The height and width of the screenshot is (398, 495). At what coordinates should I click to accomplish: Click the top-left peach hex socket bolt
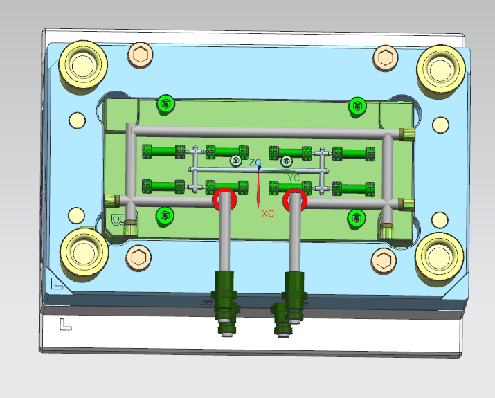pos(141,55)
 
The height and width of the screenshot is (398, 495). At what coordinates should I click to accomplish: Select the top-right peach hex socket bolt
pos(386,57)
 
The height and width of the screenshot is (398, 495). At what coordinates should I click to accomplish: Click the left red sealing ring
pos(225,200)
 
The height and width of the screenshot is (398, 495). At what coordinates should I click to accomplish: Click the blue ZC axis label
pos(254,163)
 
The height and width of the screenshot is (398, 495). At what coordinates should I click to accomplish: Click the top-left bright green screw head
pos(165,104)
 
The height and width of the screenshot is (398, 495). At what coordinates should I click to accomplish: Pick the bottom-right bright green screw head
pos(357,218)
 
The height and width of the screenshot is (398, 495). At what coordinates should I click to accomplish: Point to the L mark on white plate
pos(65,323)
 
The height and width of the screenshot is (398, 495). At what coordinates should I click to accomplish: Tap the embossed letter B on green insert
pos(117,221)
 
